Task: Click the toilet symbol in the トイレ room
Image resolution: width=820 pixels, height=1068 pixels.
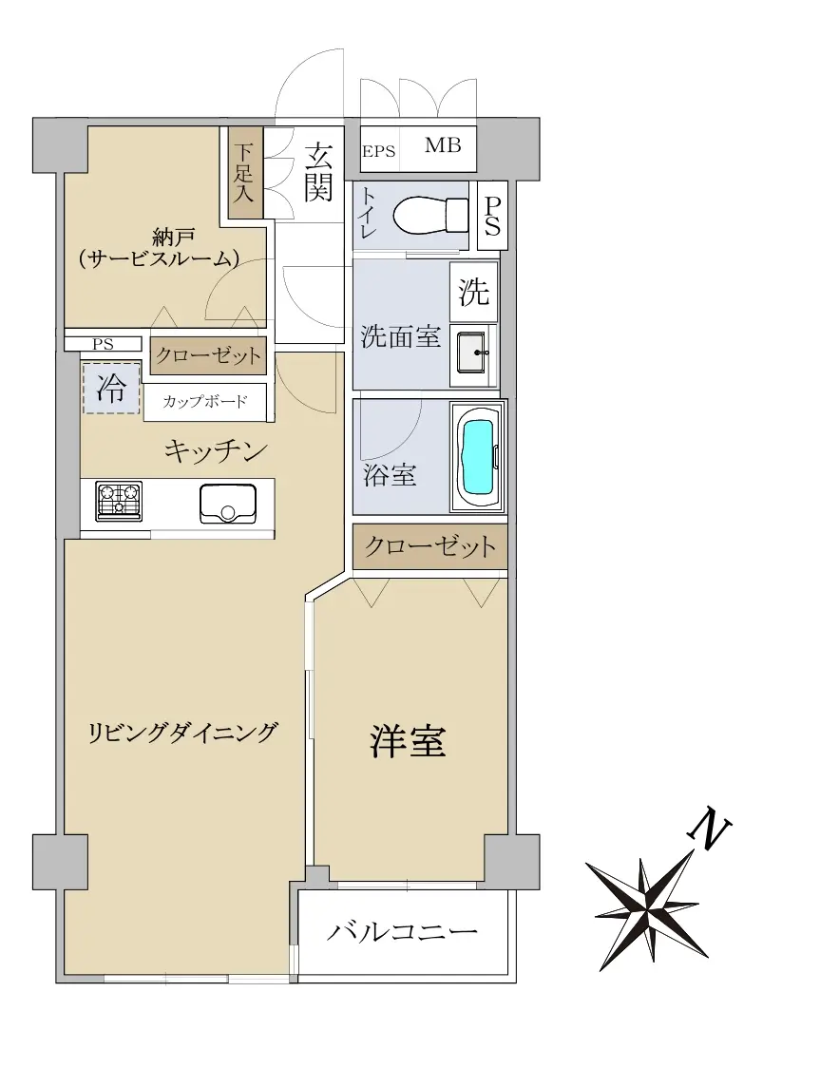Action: (x=430, y=216)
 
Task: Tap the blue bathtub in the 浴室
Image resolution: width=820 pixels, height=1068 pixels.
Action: (x=477, y=457)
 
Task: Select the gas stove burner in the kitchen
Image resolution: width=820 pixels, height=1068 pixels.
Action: (x=119, y=501)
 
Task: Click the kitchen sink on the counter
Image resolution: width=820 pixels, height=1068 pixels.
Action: (x=227, y=504)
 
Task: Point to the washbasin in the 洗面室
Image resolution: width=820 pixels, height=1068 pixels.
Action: (x=471, y=353)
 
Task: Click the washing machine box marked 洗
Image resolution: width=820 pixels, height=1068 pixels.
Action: (x=473, y=292)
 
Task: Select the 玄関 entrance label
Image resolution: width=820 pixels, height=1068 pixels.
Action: (x=318, y=173)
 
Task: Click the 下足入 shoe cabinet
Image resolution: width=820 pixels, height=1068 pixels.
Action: (x=244, y=174)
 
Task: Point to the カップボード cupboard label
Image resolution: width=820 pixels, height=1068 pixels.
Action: (x=205, y=401)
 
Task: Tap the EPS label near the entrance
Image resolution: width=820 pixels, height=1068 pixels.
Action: (x=379, y=151)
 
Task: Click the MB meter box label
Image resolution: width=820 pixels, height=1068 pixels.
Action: (x=443, y=145)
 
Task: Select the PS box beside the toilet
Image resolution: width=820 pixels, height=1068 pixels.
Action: (x=492, y=216)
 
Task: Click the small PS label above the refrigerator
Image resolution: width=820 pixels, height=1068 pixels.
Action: (x=104, y=345)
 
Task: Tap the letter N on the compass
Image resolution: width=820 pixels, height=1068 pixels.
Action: (x=711, y=829)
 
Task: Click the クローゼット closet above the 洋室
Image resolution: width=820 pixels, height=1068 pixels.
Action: (x=429, y=546)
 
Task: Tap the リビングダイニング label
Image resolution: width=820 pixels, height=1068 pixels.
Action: (x=184, y=733)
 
